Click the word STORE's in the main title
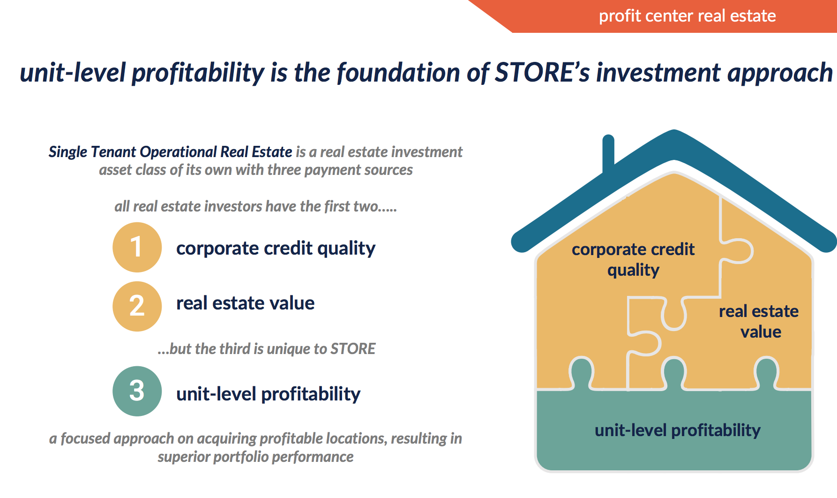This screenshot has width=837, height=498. coord(542,73)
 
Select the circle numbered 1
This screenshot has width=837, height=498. coord(137,247)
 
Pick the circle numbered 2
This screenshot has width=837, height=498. coord(137,306)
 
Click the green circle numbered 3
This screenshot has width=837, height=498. coord(137,391)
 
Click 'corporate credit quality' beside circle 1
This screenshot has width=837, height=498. coord(276,249)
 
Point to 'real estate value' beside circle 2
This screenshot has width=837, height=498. coord(245,303)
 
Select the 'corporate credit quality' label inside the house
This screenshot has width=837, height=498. coord(633,259)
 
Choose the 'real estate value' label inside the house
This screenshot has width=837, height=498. coord(759,321)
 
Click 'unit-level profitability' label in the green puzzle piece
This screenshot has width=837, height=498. coord(678,430)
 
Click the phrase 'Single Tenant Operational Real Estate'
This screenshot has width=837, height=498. coord(171,152)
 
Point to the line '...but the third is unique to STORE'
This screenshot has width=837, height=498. coord(267,349)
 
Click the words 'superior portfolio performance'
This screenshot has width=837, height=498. coord(255,457)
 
